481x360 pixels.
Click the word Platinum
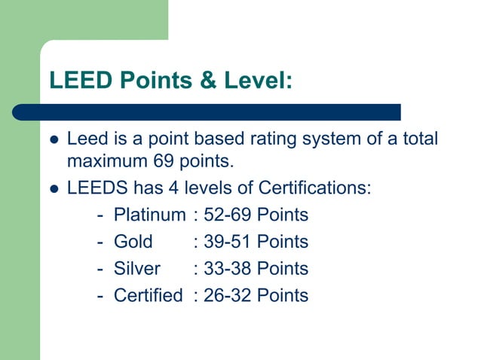pyautogui.click(x=149, y=215)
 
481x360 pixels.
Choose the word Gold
pyautogui.click(x=133, y=242)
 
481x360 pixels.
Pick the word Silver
pyautogui.click(x=136, y=268)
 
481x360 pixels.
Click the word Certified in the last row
pyautogui.click(x=148, y=295)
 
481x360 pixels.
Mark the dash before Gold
pyautogui.click(x=101, y=242)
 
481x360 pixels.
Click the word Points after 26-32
pyautogui.click(x=283, y=295)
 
